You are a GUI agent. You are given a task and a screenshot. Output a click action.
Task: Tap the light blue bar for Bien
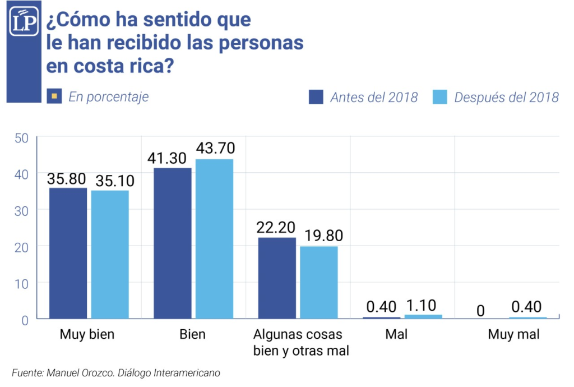pos(214,238)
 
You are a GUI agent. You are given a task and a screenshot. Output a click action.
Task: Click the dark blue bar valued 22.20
pos(277,278)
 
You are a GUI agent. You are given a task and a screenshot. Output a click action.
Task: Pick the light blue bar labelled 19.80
pos(319,282)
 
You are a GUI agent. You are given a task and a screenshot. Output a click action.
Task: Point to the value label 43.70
pos(215,149)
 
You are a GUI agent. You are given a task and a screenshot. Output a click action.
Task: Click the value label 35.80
pos(67,179)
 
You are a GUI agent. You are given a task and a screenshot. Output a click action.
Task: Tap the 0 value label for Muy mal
pos(480,309)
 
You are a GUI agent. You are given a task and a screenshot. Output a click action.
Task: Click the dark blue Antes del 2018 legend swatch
pos(316,96)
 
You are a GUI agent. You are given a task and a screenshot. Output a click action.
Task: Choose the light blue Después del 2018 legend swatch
pos(440,96)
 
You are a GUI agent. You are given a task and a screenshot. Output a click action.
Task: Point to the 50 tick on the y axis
pos(21,137)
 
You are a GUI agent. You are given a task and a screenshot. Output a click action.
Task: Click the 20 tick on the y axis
pos(21,246)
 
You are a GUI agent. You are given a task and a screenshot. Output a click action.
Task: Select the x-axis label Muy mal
pos(513,335)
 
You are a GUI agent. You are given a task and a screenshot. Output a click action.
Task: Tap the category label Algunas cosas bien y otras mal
pos(301,343)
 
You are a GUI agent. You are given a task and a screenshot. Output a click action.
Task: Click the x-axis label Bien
pos(192,335)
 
